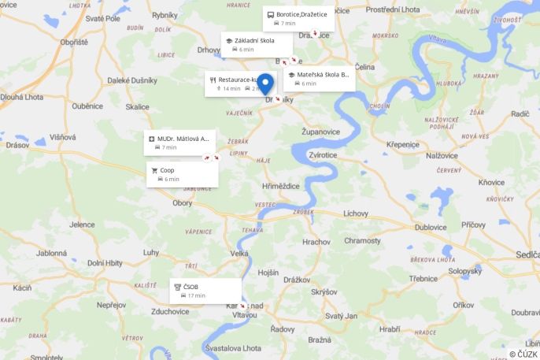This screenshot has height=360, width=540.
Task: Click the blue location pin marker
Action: pos(266,84)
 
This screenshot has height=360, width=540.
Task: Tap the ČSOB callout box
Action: pos(205,291)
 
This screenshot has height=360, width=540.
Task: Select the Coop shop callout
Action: pos(182,174)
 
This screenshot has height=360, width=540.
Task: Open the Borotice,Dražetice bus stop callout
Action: pos(298,18)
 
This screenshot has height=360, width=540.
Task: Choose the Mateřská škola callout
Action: pos(319,79)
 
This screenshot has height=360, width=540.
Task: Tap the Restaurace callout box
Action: pos(234,84)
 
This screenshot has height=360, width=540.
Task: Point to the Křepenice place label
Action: pos(402,144)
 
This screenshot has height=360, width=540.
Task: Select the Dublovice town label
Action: pos(431,227)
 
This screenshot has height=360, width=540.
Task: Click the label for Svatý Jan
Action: pos(341,316)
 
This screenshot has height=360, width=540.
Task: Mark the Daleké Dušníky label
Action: pos(131,80)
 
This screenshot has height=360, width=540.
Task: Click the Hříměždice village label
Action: pos(281,186)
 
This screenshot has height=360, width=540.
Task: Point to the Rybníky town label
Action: pos(165,14)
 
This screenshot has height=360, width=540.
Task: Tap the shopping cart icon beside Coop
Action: pos(154,170)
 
